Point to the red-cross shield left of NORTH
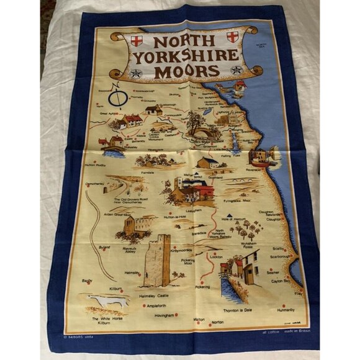(x=137, y=41)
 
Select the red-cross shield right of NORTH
(x=232, y=37)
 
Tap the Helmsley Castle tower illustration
(x=156, y=260)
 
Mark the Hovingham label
(x=163, y=315)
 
